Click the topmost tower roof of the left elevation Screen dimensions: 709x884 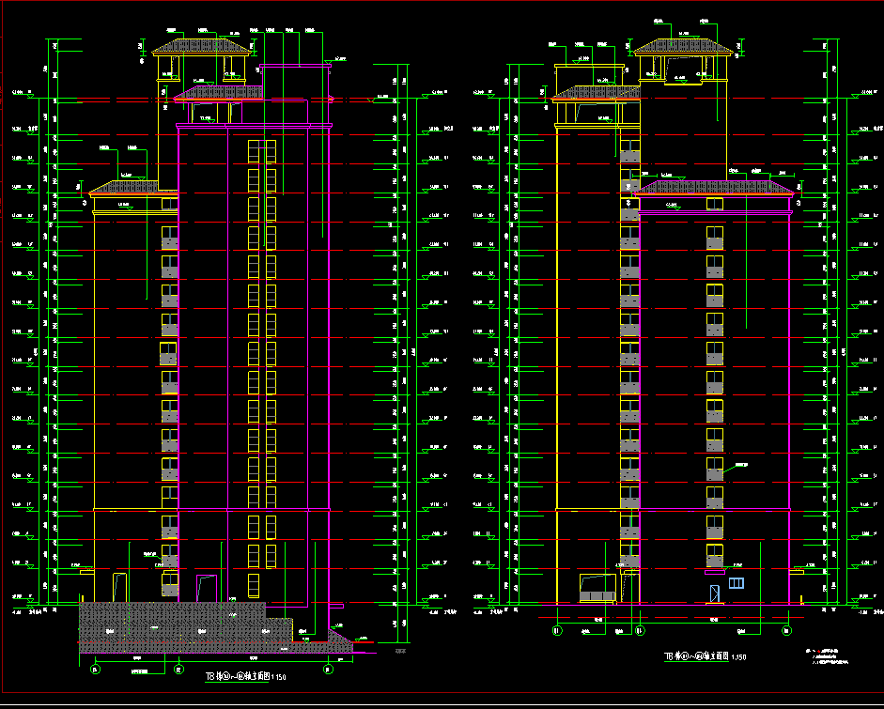(202, 46)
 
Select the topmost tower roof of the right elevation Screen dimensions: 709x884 (682, 47)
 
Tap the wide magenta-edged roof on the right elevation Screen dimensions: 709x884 (713, 189)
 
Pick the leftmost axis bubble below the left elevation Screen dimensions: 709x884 (95, 669)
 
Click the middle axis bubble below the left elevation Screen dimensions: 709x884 (178, 669)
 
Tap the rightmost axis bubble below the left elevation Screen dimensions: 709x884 (328, 669)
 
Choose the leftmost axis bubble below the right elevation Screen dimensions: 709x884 (557, 629)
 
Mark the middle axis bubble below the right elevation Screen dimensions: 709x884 (640, 629)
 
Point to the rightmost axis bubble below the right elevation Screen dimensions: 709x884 (787, 629)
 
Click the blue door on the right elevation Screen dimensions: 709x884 (714, 593)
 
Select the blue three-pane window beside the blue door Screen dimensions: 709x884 (735, 584)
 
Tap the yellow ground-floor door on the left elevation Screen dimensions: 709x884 (119, 587)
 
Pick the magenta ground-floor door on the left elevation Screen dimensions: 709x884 (207, 588)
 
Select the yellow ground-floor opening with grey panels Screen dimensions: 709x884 (597, 589)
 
